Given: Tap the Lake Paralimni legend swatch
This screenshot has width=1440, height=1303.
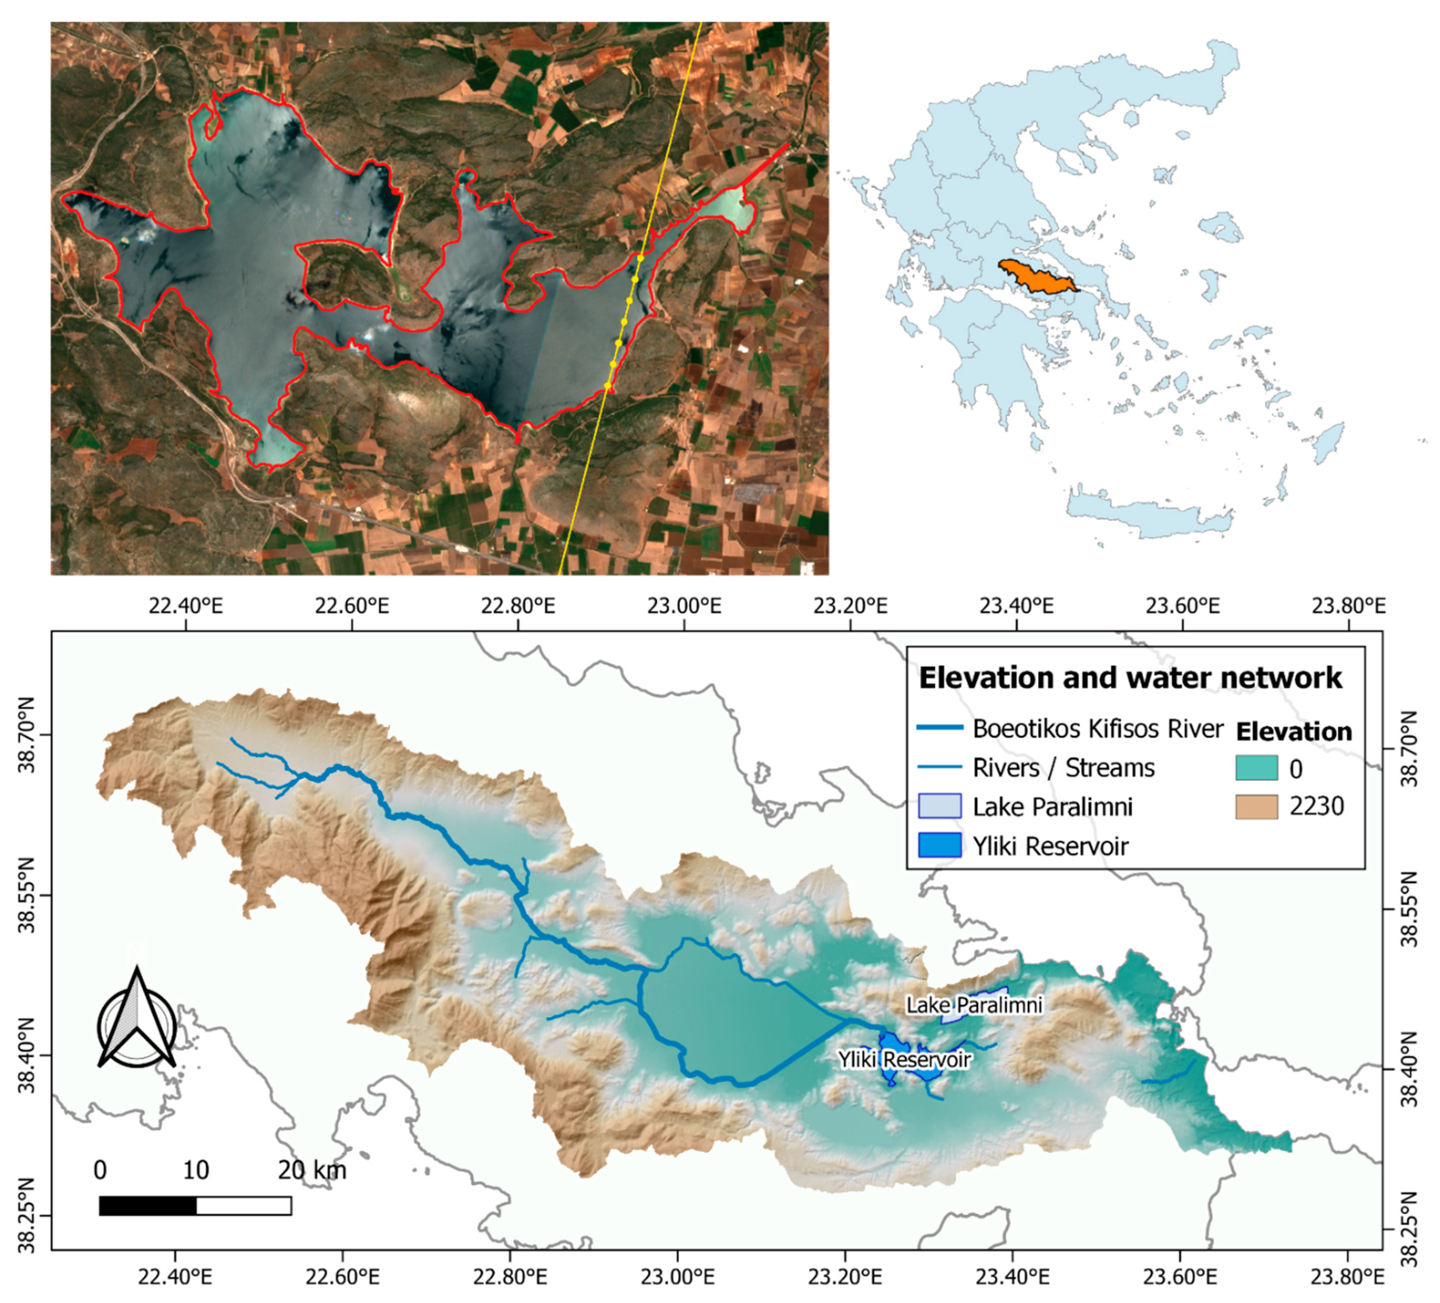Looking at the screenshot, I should click(x=939, y=806).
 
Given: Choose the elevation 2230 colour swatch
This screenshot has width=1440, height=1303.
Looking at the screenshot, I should click(x=1256, y=806).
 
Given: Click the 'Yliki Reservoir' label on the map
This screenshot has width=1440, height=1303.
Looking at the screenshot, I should click(x=904, y=1059).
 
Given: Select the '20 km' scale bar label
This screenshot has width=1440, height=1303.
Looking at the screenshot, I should click(x=312, y=1170).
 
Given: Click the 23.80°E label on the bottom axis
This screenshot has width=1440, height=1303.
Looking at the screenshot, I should click(x=1348, y=1276).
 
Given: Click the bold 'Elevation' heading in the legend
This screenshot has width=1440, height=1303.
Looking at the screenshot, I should click(x=1294, y=731).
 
